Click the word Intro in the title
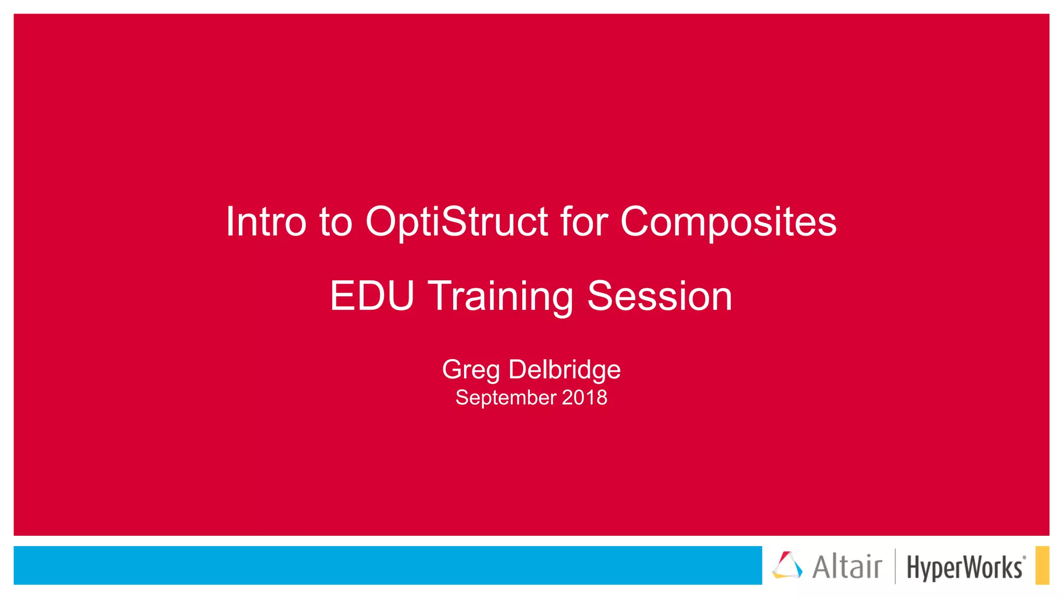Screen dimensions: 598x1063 pos(266,222)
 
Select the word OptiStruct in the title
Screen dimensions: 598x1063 pos(457,222)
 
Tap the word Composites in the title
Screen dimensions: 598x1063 pos(728,223)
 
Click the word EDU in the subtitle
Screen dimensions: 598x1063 pos(372,296)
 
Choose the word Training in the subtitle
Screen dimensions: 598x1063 pos(501,297)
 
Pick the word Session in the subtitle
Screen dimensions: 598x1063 pos(660,296)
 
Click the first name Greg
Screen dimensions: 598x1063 pos(471,370)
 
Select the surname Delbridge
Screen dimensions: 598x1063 pos(564,370)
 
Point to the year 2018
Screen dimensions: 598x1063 pos(584,398)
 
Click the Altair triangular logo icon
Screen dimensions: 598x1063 pos(787,565)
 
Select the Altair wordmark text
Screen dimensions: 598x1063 pos(847,566)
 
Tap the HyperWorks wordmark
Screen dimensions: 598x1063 pos(964,567)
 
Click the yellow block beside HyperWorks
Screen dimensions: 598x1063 pos(1042,565)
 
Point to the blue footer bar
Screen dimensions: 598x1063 pos(387,565)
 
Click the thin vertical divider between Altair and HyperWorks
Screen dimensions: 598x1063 pos(895,566)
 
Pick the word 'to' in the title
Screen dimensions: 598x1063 pos(336,222)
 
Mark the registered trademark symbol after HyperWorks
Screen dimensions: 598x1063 pos(1024,558)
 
